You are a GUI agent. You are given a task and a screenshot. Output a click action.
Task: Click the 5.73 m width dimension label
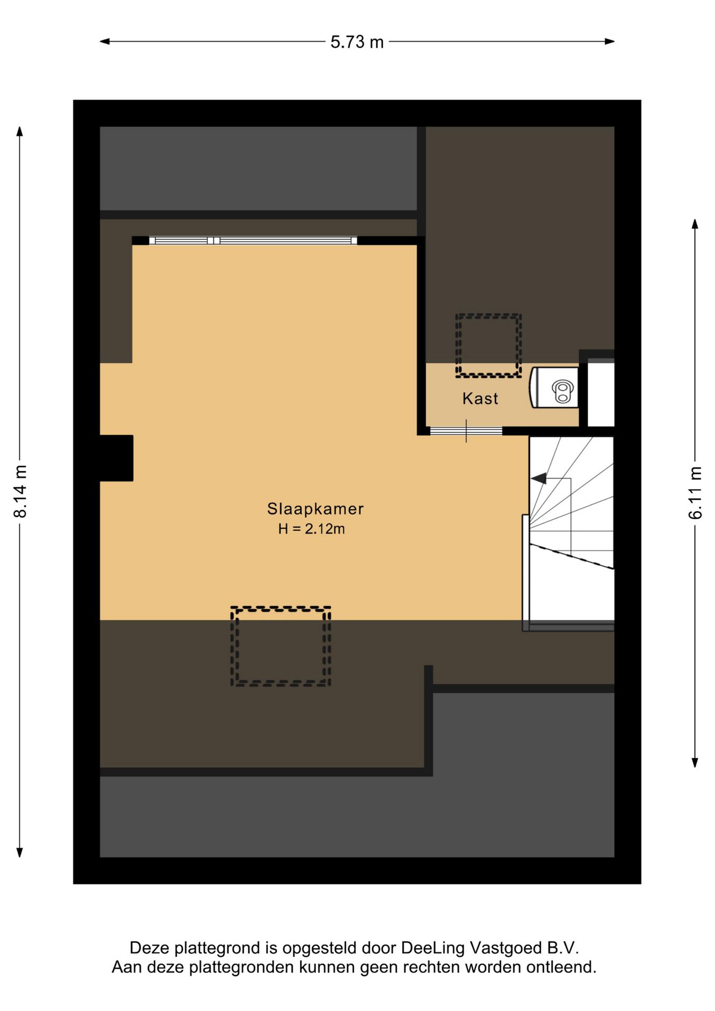click(x=357, y=42)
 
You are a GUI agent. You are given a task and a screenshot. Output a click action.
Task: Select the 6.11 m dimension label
click(x=695, y=493)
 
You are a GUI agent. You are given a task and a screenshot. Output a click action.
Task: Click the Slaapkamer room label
click(x=315, y=509)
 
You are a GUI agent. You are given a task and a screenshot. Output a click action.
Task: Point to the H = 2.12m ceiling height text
click(x=312, y=529)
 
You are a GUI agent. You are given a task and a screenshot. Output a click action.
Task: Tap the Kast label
click(x=480, y=399)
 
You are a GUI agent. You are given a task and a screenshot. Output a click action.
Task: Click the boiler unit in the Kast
click(x=554, y=388)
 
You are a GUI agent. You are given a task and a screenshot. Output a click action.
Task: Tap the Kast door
click(x=466, y=431)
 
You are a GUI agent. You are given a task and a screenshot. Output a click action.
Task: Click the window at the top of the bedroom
click(x=253, y=241)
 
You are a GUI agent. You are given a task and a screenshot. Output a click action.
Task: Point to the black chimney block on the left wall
click(x=116, y=458)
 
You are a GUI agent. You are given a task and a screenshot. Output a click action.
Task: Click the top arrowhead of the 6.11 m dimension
click(x=695, y=224)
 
